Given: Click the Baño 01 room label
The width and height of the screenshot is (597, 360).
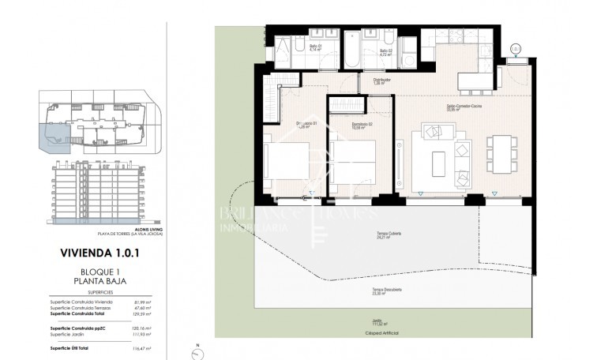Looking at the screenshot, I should click(314, 47).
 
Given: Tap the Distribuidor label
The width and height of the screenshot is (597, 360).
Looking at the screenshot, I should click(384, 81).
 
